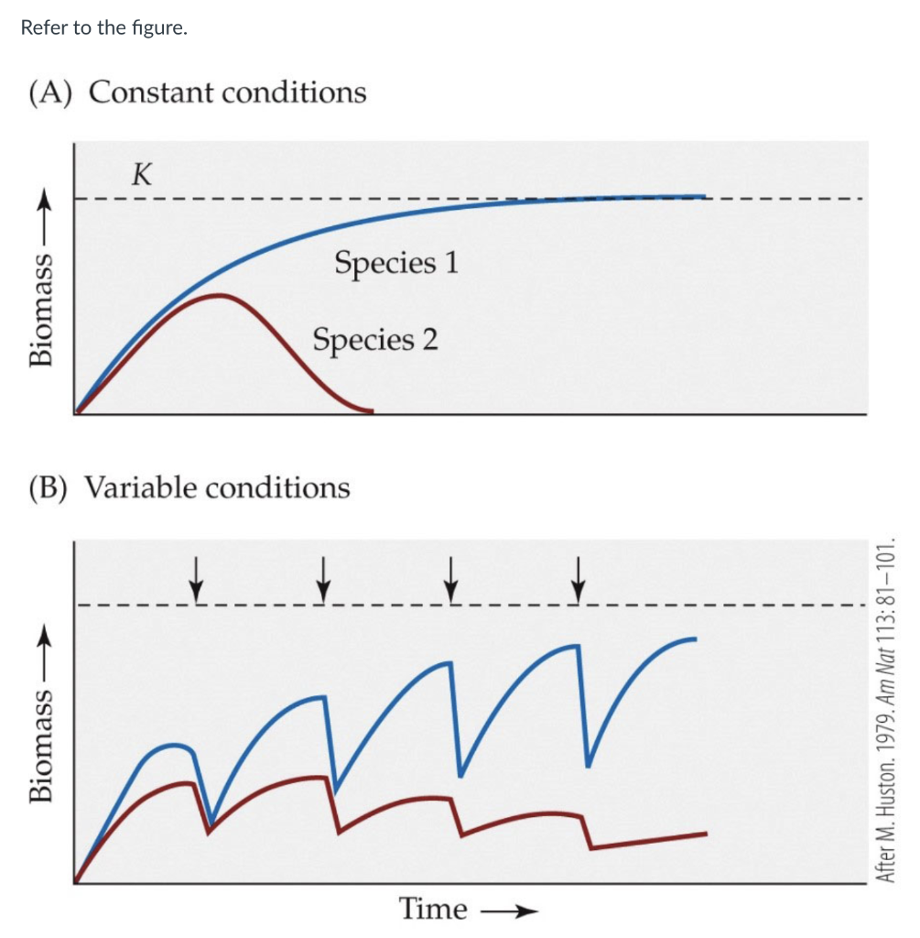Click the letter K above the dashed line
click(141, 174)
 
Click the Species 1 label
click(395, 263)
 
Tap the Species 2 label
click(374, 340)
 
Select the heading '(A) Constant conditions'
click(198, 93)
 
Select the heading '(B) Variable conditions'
click(189, 487)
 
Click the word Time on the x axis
click(433, 909)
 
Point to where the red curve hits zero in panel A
click(371, 412)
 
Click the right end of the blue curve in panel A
click(703, 196)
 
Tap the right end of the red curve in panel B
click(705, 833)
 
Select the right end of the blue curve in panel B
click(696, 638)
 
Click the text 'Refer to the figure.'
click(103, 27)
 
